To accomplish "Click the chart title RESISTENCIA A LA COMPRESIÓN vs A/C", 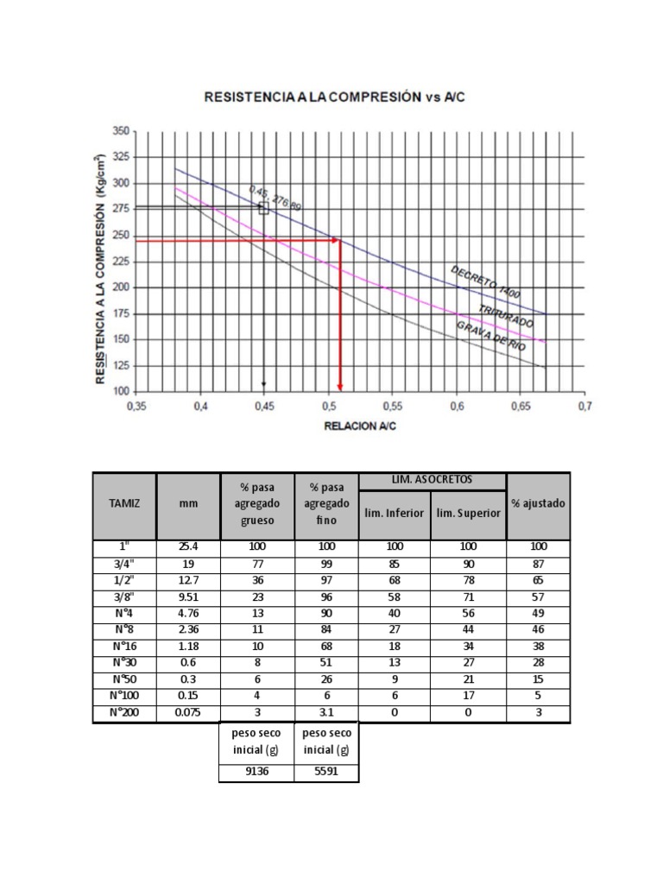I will (334, 98).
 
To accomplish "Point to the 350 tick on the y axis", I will (118, 131).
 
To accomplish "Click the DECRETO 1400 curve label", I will (486, 282).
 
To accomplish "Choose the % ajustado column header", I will (539, 504).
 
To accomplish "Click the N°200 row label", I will (124, 714).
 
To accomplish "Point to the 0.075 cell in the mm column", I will (188, 714).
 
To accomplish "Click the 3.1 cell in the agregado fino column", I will (325, 714).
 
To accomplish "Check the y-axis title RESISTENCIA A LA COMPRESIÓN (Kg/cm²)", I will (101, 268).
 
